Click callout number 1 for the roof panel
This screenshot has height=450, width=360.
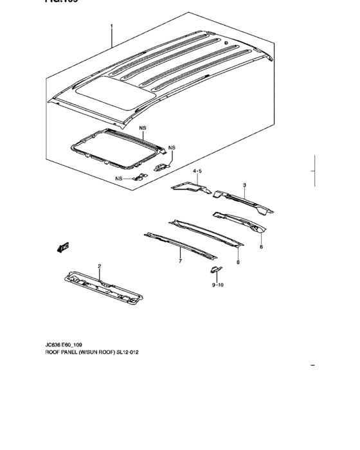[111, 27]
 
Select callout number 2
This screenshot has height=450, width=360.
[99, 265]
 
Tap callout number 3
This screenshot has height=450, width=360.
[244, 185]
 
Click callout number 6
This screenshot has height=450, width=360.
[261, 246]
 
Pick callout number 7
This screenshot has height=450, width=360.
[180, 262]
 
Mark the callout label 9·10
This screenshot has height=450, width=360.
[217, 283]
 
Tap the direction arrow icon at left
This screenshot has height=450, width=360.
[64, 246]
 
